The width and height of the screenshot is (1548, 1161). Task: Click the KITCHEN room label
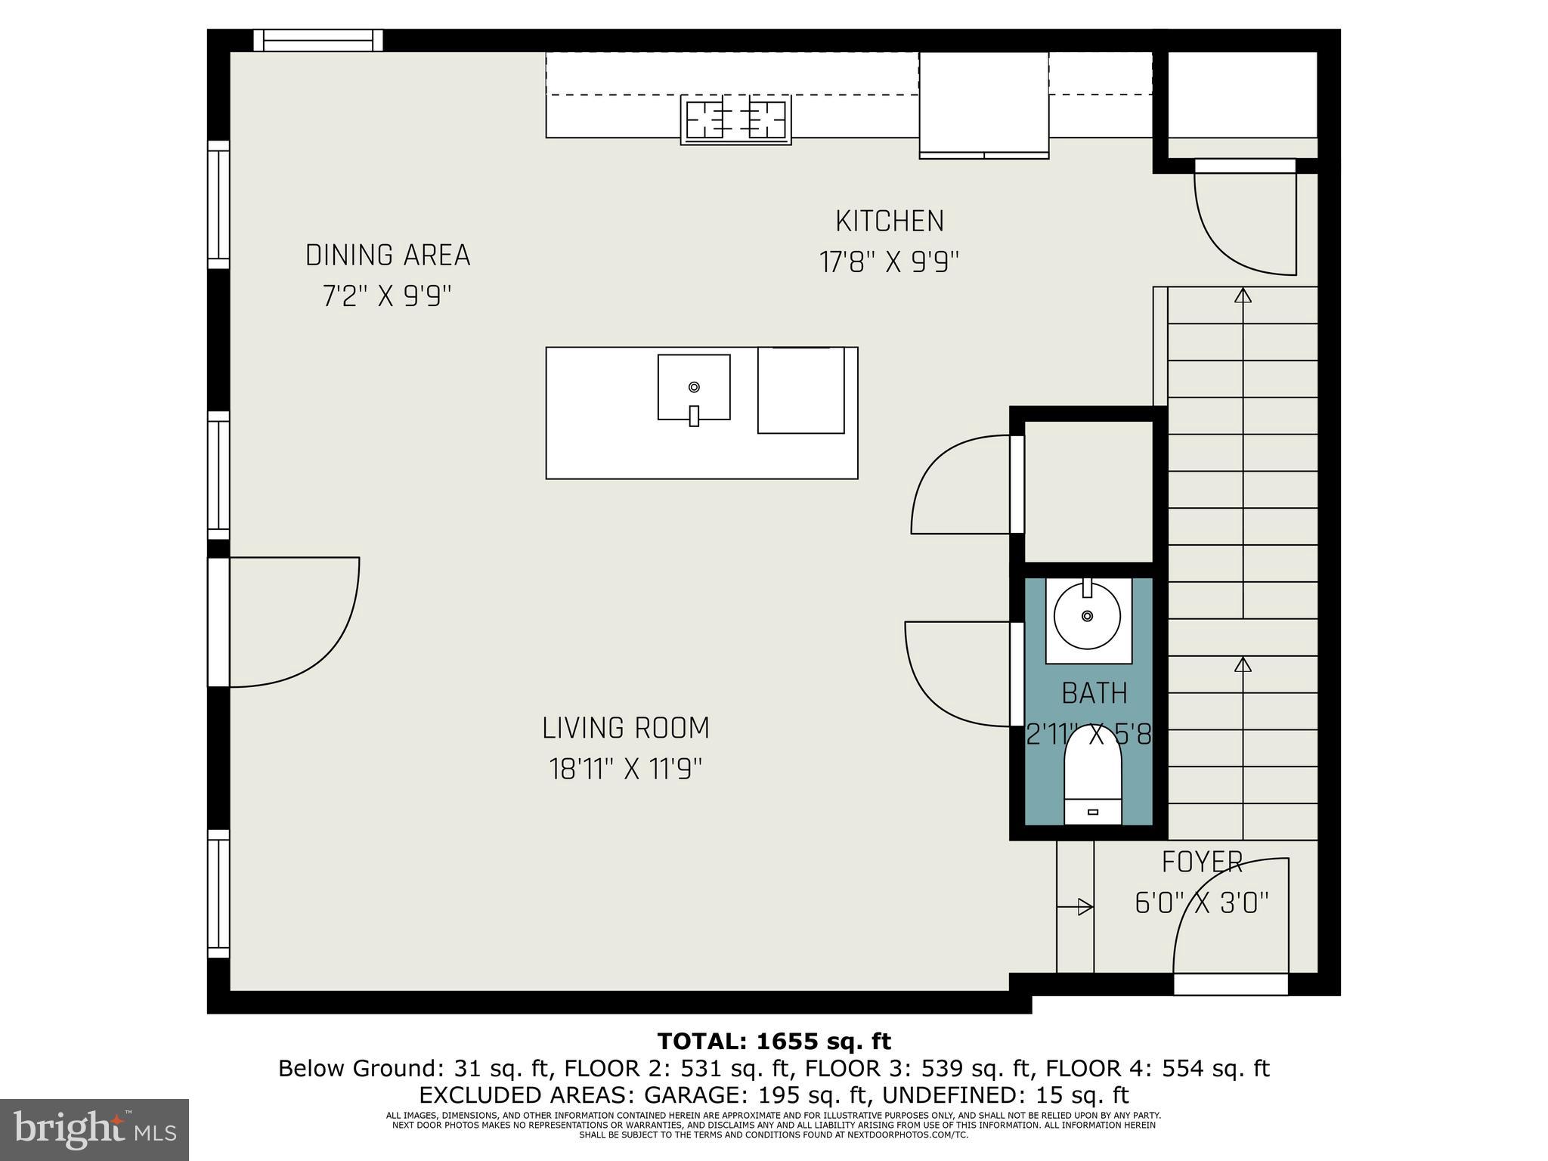click(x=890, y=221)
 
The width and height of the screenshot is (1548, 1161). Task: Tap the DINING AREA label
click(x=388, y=255)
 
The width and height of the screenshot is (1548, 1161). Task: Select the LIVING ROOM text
click(x=626, y=729)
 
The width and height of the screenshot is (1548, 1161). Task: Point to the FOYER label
click(x=1202, y=862)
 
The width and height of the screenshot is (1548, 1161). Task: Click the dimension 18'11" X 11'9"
click(x=626, y=770)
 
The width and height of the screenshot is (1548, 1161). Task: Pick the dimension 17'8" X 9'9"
click(x=890, y=263)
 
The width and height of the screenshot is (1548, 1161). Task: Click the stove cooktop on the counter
click(x=735, y=119)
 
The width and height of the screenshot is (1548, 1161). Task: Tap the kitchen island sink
click(x=694, y=387)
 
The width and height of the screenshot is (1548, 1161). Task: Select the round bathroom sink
click(x=1088, y=616)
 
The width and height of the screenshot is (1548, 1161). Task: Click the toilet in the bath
click(x=1093, y=779)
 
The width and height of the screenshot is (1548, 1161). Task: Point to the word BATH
click(x=1094, y=693)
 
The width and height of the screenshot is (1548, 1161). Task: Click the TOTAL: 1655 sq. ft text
click(x=774, y=1042)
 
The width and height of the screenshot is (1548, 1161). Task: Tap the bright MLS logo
click(x=94, y=1129)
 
